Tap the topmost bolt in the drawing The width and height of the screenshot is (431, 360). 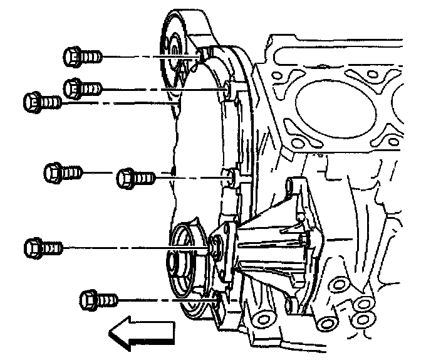(x=81, y=56)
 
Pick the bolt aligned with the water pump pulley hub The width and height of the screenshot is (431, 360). (x=42, y=246)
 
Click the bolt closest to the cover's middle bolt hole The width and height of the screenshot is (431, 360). (x=135, y=178)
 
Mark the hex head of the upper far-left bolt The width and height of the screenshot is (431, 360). (x=31, y=101)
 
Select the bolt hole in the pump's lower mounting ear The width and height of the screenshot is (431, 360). (x=289, y=306)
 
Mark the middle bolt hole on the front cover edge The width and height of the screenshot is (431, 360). (x=230, y=177)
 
